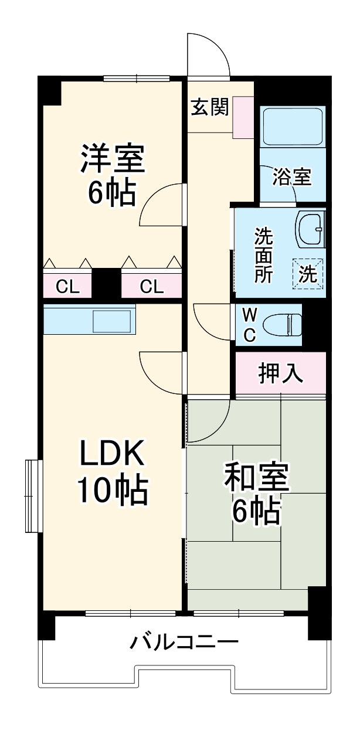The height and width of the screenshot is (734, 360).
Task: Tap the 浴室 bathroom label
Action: click(x=291, y=176)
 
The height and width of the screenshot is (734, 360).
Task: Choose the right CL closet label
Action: click(x=151, y=287)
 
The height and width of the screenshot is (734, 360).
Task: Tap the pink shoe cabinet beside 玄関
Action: click(x=243, y=117)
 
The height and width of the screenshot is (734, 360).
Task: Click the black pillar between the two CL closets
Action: click(x=107, y=284)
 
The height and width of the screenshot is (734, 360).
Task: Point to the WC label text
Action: click(x=249, y=324)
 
